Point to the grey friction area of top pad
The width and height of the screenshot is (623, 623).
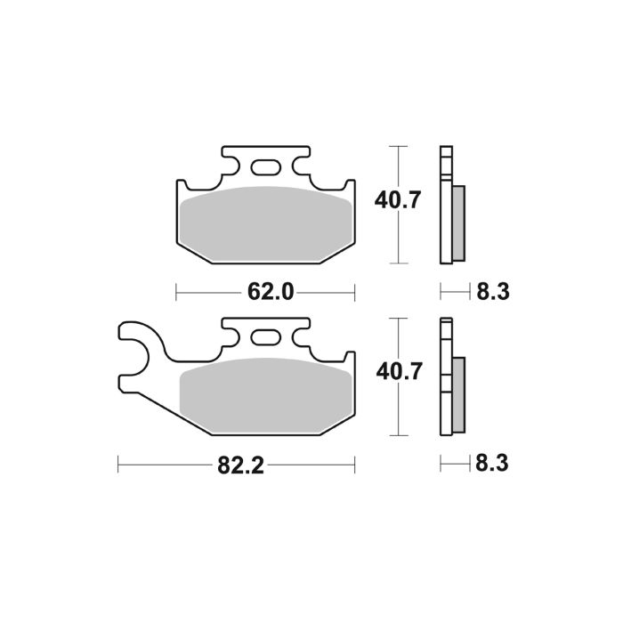coord(265,222)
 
